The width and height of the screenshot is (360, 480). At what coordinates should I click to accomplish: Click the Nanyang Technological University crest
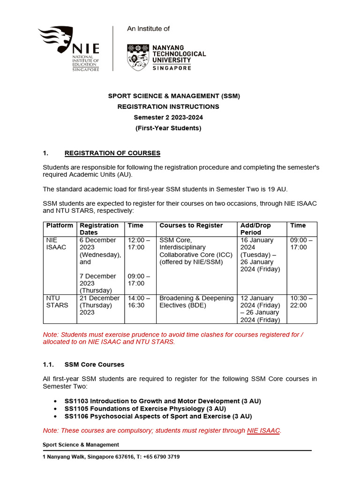click(138, 57)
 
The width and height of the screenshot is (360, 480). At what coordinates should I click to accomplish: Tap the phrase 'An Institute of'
click(149, 29)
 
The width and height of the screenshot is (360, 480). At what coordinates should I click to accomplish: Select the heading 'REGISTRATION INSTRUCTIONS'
click(168, 106)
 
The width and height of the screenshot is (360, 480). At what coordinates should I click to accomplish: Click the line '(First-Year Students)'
click(168, 128)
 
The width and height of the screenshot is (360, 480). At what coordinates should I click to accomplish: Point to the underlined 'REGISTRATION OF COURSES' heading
click(112, 153)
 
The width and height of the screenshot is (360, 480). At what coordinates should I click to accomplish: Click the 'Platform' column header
click(60, 225)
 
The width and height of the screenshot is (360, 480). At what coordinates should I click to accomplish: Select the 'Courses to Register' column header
click(191, 225)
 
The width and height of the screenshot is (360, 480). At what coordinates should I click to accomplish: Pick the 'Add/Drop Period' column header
click(255, 229)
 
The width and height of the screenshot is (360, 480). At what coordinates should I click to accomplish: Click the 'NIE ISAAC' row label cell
click(56, 243)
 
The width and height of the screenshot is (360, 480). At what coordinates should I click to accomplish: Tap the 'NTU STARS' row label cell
click(57, 301)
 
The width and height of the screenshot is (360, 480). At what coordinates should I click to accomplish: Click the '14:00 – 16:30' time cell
click(139, 301)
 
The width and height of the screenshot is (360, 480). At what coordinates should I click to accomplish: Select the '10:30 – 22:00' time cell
click(299, 301)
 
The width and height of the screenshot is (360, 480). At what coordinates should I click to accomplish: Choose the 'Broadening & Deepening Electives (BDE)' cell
click(196, 301)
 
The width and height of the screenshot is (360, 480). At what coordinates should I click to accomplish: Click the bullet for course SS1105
click(56, 409)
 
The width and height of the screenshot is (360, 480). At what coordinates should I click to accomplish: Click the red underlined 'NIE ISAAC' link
click(263, 431)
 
